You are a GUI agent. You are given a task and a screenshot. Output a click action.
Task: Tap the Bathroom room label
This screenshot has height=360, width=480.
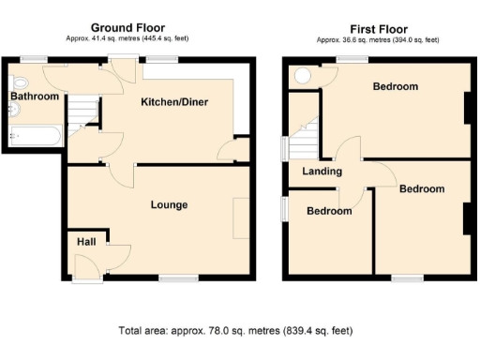click(x=35, y=97)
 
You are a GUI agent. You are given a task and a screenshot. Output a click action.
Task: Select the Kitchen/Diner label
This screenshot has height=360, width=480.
click(x=174, y=101)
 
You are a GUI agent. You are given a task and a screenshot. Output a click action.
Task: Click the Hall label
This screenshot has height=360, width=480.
click(x=86, y=242)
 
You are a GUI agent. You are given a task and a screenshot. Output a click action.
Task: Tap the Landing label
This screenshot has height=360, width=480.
click(x=322, y=172)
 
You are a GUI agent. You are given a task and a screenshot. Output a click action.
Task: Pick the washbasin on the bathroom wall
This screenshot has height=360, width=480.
click(x=12, y=110)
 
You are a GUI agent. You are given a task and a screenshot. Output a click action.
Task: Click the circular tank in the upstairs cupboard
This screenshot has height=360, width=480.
click(x=303, y=76)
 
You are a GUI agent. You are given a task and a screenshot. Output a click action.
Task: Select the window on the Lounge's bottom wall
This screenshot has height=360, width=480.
click(x=172, y=277)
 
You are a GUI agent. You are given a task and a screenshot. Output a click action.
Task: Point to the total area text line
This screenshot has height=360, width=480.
click(x=235, y=331)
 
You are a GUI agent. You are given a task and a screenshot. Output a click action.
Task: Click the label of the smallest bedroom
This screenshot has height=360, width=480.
click(x=329, y=211)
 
